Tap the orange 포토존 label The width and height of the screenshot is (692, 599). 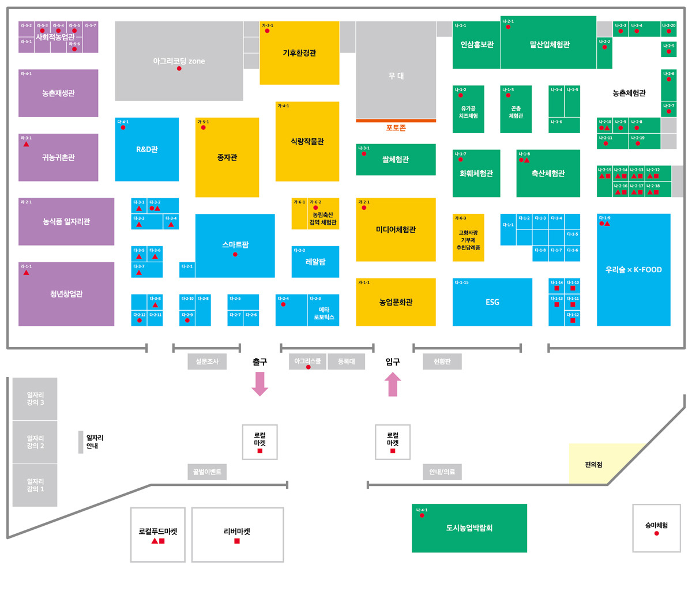[396, 128]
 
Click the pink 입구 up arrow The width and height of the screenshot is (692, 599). [393, 384]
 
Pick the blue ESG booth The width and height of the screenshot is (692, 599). [492, 302]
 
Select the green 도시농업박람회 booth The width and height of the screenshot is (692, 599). [469, 528]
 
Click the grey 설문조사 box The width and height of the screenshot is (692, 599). [207, 361]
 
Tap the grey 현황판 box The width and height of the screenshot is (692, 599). [442, 361]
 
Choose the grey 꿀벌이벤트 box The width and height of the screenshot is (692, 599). [207, 472]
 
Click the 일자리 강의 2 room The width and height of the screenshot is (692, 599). [35, 442]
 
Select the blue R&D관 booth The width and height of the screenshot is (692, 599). [147, 149]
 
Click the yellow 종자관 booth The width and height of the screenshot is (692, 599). [227, 157]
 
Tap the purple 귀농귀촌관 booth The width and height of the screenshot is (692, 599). [58, 157]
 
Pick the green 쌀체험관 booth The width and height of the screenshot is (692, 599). [396, 160]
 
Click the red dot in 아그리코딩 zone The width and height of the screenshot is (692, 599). [179, 69]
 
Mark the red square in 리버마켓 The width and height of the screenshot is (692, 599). [237, 541]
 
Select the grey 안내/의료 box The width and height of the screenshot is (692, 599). [442, 472]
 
